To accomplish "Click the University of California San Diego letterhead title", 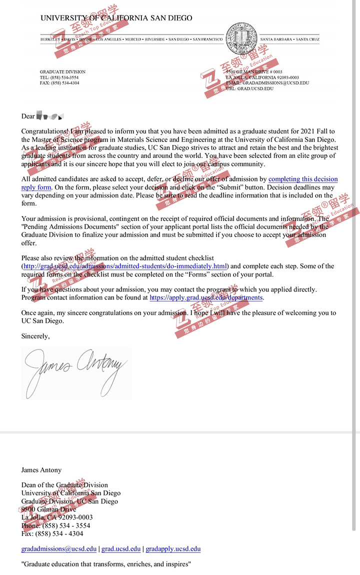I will [116, 18].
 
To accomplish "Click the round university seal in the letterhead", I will [241, 38].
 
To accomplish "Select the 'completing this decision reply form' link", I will [303, 179].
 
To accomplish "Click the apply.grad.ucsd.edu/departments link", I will [206, 297].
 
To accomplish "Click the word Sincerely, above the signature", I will [35, 336].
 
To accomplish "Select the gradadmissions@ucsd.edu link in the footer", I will [59, 548].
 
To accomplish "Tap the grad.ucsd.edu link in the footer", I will [121, 548].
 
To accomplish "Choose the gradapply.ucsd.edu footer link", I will [173, 548].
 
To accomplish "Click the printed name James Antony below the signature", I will [41, 470].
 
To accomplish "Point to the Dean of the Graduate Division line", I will [64, 485].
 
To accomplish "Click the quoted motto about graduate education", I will [106, 564].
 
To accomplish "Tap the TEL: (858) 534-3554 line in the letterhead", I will [59, 77].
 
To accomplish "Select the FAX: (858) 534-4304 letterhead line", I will [59, 83].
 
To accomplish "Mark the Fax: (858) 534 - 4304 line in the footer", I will [52, 533].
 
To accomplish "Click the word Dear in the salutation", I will [28, 116].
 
